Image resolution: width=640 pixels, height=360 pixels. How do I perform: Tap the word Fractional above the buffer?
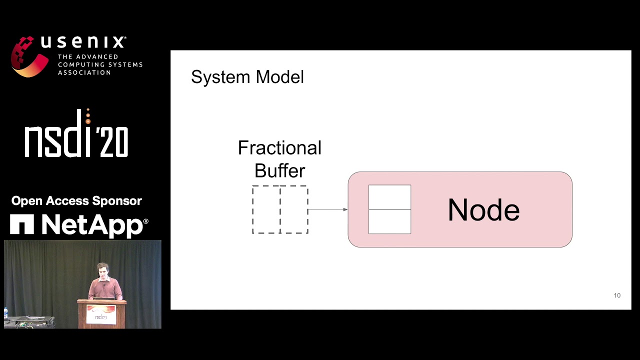click(279, 148)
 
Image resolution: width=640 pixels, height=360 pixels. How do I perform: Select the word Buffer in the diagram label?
click(279, 171)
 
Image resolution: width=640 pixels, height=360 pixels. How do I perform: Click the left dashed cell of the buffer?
click(266, 209)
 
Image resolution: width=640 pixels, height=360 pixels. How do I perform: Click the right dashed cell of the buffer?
click(294, 209)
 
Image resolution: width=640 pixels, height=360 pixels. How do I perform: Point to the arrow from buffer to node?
click(327, 209)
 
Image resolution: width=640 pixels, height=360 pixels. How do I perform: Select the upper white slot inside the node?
click(389, 197)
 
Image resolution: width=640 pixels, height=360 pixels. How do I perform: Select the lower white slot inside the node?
click(389, 221)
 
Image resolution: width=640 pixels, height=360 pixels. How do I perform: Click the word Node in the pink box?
click(483, 210)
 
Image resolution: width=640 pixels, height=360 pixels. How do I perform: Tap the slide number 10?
click(617, 295)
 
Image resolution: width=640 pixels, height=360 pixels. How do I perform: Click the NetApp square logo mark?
click(22, 224)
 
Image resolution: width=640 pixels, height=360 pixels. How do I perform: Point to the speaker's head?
click(102, 270)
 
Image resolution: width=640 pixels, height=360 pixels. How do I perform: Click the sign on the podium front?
click(101, 315)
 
